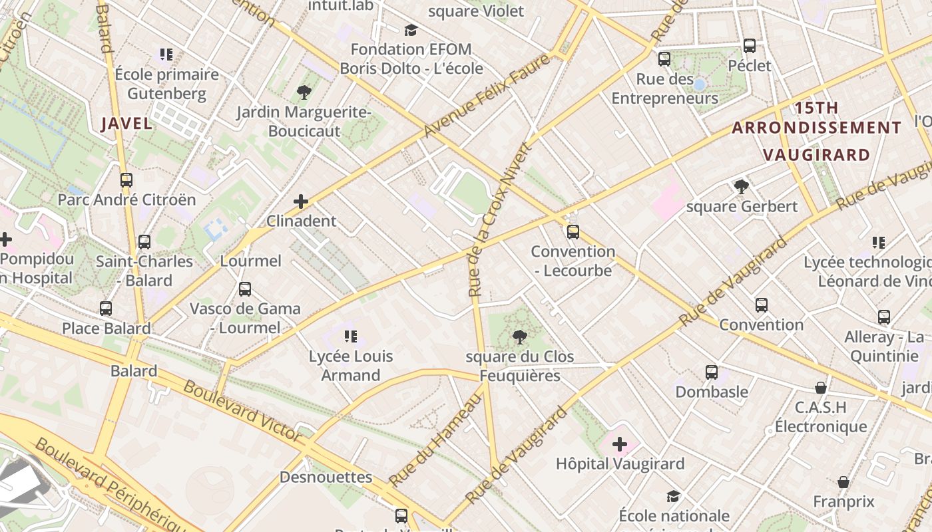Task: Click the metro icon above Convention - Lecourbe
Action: [573, 232]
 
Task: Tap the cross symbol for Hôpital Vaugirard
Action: [620, 444]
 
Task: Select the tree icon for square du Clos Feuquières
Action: [520, 337]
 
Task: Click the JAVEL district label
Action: [126, 123]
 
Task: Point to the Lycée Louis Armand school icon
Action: [350, 336]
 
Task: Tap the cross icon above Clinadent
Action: [301, 201]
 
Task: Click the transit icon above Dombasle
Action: [712, 372]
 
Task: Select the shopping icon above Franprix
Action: [843, 482]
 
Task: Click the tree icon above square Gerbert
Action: [741, 187]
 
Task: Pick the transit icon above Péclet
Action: [750, 46]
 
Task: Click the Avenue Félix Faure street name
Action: [487, 96]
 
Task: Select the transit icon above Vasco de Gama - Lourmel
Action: [245, 289]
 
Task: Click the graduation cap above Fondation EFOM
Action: [411, 30]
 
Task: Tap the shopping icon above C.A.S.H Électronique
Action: [821, 388]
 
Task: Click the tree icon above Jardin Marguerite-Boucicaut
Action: [304, 92]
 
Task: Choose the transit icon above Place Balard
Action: [106, 309]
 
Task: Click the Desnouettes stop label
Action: [326, 477]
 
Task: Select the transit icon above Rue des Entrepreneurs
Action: [664, 59]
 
